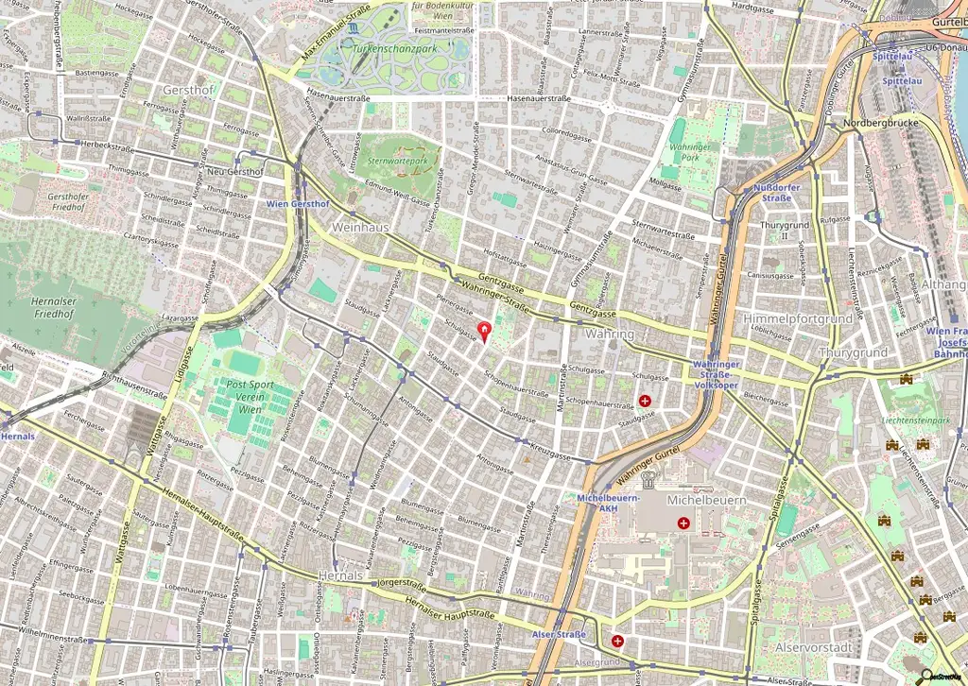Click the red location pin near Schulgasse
[486, 332]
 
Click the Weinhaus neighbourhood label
[361, 227]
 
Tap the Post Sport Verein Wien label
[251, 397]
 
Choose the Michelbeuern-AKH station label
[609, 502]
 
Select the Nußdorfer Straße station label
[777, 193]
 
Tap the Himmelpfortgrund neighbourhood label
[797, 319]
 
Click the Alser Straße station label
[559, 634]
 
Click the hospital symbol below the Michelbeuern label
[683, 523]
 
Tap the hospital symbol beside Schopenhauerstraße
[645, 401]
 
